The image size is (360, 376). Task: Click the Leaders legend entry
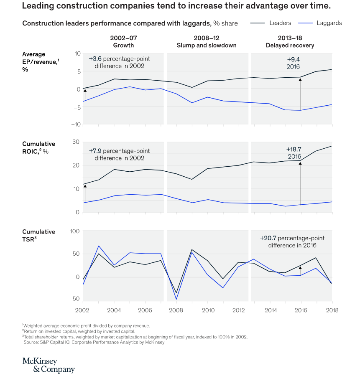click(271, 23)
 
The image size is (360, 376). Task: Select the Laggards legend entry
click(320, 23)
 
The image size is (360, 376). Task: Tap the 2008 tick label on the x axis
click(176, 310)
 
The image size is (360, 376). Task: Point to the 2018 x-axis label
click(332, 310)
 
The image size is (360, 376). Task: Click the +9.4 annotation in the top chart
click(293, 59)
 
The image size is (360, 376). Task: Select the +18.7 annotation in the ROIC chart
click(294, 150)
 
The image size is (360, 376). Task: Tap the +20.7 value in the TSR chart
click(268, 238)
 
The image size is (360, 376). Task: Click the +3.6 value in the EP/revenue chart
click(95, 59)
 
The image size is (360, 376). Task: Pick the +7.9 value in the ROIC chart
click(95, 151)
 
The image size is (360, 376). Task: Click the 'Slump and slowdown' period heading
click(207, 45)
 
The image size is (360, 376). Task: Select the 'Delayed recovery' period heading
click(290, 45)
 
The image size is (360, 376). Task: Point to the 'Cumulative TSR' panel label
click(38, 236)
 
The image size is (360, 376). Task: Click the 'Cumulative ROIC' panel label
click(38, 147)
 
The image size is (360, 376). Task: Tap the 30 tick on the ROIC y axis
click(76, 142)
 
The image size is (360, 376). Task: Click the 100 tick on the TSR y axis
click(75, 231)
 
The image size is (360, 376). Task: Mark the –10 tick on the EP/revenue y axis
click(76, 124)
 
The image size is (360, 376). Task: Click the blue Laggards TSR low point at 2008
click(176, 299)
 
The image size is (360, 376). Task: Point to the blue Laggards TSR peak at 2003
click(99, 246)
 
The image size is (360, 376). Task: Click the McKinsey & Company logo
click(49, 365)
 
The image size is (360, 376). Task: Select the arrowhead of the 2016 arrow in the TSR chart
click(300, 268)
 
